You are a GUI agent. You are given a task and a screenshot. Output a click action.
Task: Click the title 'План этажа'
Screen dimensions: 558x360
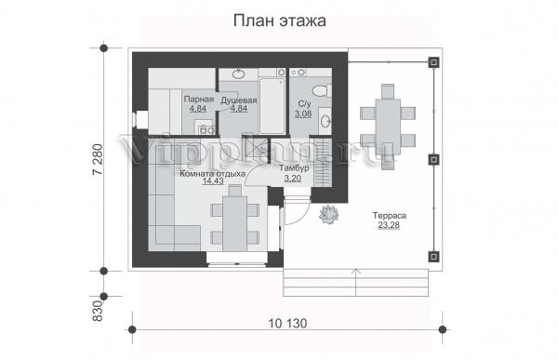click(x=280, y=21)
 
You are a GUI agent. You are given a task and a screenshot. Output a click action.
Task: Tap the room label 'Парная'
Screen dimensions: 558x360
click(x=199, y=100)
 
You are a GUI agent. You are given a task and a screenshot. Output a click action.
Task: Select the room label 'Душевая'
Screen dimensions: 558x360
click(x=239, y=100)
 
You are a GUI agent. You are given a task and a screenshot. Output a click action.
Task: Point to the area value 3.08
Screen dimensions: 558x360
click(x=303, y=113)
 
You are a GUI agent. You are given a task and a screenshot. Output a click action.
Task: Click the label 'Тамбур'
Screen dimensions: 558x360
click(x=294, y=168)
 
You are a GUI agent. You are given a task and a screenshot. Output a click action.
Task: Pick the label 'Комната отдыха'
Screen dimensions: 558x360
click(x=212, y=174)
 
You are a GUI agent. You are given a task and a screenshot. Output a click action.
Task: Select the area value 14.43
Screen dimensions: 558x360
click(x=213, y=181)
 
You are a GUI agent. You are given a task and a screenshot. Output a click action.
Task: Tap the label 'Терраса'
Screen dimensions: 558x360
click(x=390, y=216)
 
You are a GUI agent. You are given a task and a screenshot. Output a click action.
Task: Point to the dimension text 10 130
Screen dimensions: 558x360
click(x=287, y=324)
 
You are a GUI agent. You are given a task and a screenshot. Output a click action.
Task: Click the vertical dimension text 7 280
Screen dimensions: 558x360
click(x=98, y=159)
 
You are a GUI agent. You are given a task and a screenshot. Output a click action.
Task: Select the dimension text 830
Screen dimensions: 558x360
click(x=98, y=311)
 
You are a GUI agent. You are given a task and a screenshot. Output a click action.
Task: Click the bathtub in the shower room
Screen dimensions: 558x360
click(x=272, y=106)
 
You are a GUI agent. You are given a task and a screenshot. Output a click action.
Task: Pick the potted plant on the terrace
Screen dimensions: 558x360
click(x=329, y=214)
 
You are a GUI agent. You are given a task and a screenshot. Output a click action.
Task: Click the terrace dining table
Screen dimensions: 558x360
click(x=388, y=127)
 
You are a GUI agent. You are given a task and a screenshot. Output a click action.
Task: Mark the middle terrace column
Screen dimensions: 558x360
click(x=433, y=159)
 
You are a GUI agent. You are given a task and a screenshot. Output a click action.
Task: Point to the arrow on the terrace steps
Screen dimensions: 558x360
click(x=356, y=282)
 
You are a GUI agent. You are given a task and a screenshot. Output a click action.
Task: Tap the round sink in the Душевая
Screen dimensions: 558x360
click(x=238, y=74)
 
